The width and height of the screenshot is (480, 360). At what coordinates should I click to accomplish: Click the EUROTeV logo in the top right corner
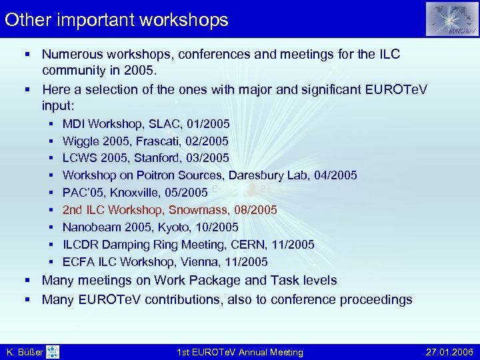click(451, 19)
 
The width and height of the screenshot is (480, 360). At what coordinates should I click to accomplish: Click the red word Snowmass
click(197, 210)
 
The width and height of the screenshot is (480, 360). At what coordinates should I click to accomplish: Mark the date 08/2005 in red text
click(255, 210)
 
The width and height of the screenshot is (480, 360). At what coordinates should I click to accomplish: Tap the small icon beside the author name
click(53, 351)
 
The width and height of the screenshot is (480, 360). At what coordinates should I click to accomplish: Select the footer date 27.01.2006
click(449, 352)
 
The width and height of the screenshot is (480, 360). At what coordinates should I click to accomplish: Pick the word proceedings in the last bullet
click(376, 299)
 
